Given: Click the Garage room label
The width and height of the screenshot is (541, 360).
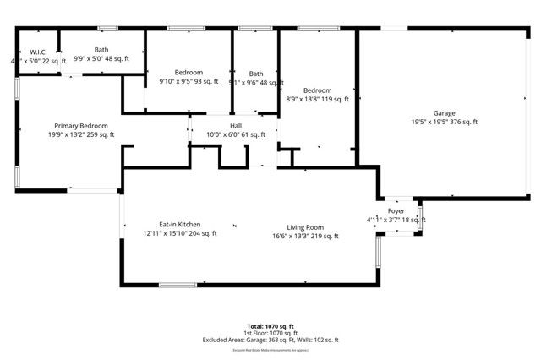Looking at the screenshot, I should (x=444, y=112).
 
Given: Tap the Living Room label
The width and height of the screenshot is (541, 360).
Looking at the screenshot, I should (x=305, y=226).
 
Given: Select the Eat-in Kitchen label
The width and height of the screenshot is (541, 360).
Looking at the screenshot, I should (x=179, y=224).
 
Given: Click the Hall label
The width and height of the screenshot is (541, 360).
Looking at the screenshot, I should (x=236, y=125).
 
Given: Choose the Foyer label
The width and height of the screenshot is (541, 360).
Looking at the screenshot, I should (x=396, y=210).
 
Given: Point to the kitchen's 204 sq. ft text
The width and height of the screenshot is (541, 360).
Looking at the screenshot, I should (x=202, y=234).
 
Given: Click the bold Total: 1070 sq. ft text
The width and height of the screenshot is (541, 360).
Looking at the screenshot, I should (x=270, y=326).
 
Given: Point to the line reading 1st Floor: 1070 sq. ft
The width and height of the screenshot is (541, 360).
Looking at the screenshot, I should (x=270, y=333).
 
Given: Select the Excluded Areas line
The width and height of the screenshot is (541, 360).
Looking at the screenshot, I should (x=270, y=340).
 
